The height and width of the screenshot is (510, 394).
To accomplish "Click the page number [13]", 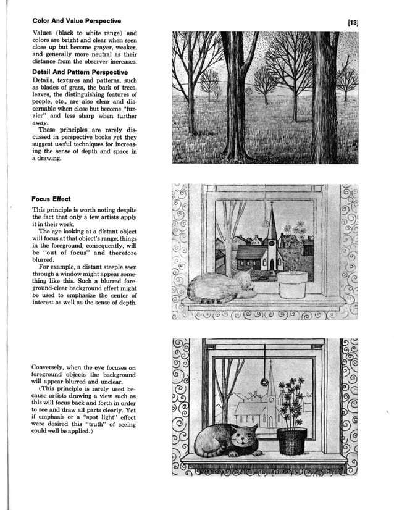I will click(x=353, y=23).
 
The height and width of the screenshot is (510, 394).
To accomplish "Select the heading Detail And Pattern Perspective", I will click(x=83, y=72).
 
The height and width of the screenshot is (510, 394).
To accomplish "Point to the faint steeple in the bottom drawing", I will click(x=270, y=389).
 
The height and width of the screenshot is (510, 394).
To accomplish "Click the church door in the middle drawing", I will click(x=272, y=265).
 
